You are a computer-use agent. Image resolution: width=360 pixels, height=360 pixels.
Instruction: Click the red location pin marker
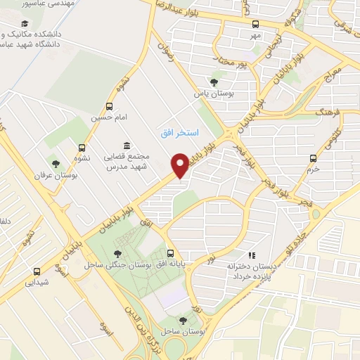pyautogui.click(x=180, y=165)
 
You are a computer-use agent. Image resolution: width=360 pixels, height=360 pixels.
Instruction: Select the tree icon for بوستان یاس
pyautogui.click(x=214, y=82)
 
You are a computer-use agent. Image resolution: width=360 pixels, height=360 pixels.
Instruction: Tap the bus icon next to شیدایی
pyautogui.click(x=37, y=271)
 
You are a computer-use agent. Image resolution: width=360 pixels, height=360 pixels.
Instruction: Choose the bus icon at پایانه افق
pyautogui.click(x=170, y=254)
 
